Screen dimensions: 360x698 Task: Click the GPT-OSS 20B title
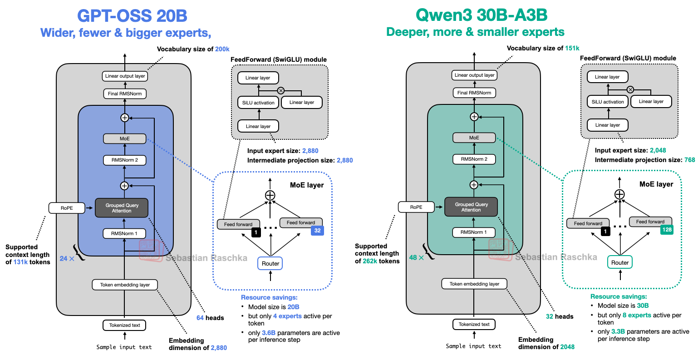coord(132,16)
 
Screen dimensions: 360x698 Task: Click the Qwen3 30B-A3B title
coord(481,15)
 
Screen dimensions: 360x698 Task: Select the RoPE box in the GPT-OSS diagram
coord(67,208)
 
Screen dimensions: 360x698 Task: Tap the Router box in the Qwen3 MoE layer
coord(619,262)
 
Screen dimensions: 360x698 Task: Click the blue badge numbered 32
coord(317,230)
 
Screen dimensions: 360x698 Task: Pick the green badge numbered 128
coord(667,230)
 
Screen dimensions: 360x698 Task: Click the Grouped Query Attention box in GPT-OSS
coord(122,208)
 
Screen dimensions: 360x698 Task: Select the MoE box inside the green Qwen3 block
coord(474,138)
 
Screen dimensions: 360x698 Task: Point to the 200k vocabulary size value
coord(222,49)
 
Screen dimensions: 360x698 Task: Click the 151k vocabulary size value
coord(572,48)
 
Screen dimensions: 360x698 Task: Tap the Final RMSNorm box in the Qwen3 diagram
coord(474,93)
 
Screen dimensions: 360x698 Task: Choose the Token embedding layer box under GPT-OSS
coord(125,285)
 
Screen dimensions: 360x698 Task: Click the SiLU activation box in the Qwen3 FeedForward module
coord(608,102)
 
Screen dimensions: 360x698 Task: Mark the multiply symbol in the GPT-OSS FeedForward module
coord(280,90)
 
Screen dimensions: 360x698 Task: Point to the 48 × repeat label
coord(416,257)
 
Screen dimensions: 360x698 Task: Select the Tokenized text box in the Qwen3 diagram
coord(474,324)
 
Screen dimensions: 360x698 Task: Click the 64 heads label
coord(210,318)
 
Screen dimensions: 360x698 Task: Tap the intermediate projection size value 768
coord(689,160)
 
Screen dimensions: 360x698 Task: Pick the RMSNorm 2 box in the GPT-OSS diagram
coord(124,160)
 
